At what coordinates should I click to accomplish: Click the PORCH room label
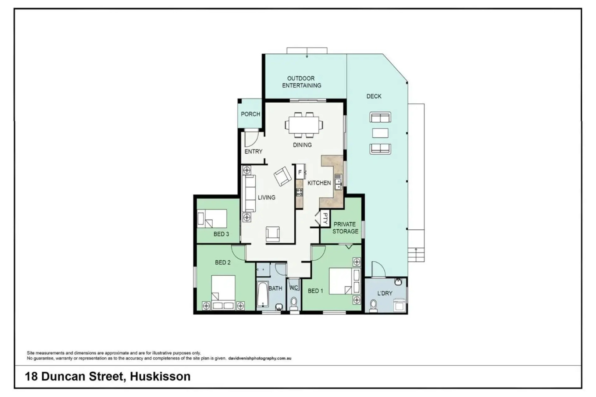coord(251,114)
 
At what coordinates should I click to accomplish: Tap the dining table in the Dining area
coord(304,125)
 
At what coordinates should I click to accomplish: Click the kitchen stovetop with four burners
coord(299,192)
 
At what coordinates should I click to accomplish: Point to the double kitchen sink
coord(338,182)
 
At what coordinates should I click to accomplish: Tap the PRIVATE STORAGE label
coord(345,228)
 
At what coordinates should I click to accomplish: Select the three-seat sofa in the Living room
coord(249,193)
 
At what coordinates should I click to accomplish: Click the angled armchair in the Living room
coord(283,176)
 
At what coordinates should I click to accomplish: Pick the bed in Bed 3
coord(212,219)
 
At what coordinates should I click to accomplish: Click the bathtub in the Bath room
coord(263,294)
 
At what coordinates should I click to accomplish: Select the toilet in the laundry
coord(373,306)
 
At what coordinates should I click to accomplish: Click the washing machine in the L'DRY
coord(400,305)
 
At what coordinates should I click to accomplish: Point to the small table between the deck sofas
coord(380,133)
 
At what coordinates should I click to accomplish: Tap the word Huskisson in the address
coord(160,376)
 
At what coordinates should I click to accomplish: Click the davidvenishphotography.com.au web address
coord(260,358)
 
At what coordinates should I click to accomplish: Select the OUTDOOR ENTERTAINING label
coord(301,82)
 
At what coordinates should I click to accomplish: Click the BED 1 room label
coord(315,291)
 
